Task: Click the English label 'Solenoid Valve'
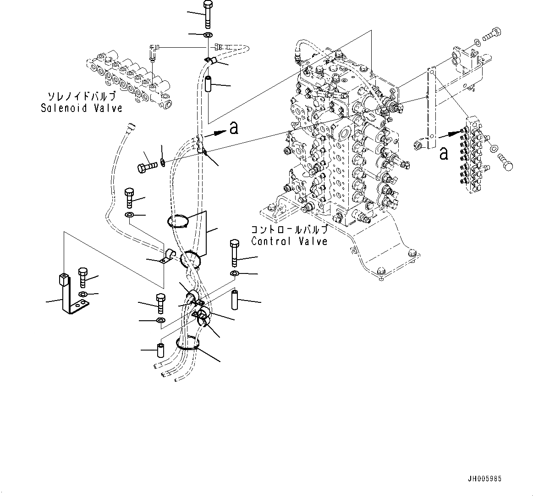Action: coord(82,108)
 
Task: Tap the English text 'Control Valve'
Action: coord(289,241)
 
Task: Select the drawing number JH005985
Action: coord(485,479)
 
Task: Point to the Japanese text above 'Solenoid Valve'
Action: coord(82,97)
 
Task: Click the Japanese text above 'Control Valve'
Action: coord(289,229)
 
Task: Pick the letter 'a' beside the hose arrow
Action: coord(234,128)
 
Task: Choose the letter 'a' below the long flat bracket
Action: coord(443,153)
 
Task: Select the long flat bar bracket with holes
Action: coord(431,108)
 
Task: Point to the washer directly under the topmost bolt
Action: coord(207,35)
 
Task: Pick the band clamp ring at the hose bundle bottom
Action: coord(187,344)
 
